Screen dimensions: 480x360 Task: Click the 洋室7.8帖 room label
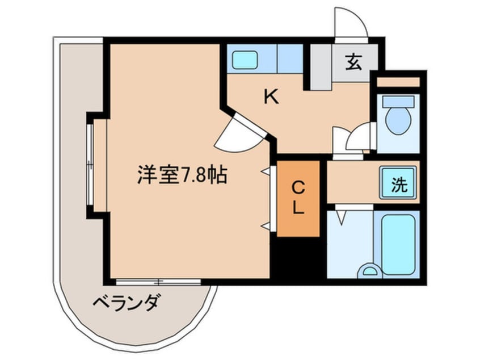(182, 175)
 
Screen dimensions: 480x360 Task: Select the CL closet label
(298, 198)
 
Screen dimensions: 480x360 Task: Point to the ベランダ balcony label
(126, 302)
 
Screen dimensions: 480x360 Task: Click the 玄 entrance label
(353, 62)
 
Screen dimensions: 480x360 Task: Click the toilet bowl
(398, 121)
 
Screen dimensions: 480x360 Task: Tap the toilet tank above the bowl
(398, 102)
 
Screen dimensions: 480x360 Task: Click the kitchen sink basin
(245, 60)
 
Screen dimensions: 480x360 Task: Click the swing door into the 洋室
(239, 135)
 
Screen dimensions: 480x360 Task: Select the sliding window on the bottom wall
(158, 282)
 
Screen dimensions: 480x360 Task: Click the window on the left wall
(90, 165)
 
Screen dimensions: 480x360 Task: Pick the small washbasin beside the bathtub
(370, 271)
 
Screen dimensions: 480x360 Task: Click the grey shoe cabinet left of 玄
(321, 67)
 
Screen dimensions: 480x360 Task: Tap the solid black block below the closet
(295, 260)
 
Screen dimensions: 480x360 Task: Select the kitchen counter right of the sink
(290, 58)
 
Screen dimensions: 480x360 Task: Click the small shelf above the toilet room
(398, 82)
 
